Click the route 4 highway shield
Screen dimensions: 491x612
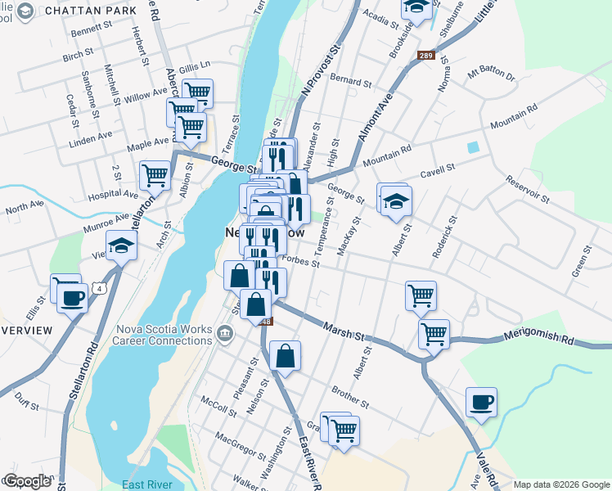[100, 288]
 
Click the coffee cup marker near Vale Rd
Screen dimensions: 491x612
[481, 402]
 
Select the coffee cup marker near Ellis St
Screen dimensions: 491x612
[73, 297]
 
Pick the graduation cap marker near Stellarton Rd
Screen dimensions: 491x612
[121, 245]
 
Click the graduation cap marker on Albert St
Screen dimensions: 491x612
[396, 200]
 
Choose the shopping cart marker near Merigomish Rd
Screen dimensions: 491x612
[434, 333]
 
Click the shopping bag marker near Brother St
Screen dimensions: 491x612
[285, 356]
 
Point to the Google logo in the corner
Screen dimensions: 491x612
[27, 481]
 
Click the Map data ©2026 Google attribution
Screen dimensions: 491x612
[561, 484]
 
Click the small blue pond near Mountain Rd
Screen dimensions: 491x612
[472, 148]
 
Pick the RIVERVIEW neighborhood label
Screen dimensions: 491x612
[26, 330]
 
